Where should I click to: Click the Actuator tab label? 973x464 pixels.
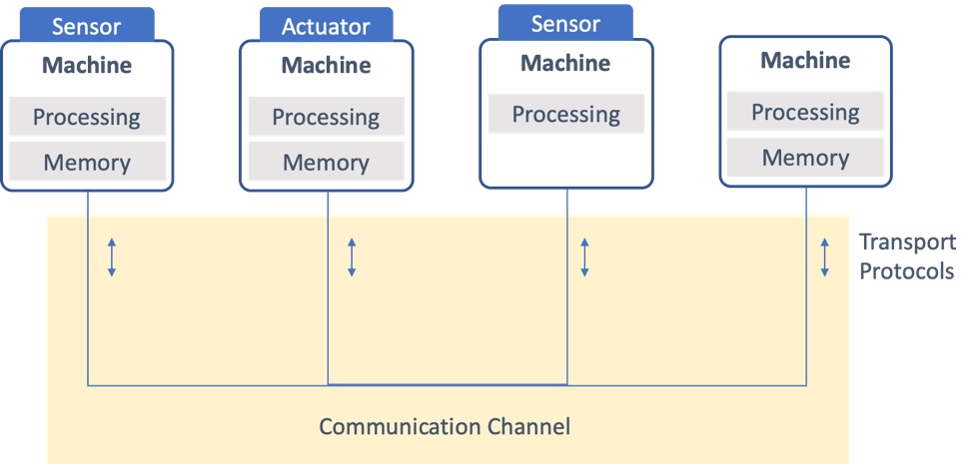point(327,25)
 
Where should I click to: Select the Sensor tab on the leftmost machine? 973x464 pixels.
point(86,25)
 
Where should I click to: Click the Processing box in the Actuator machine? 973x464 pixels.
point(327,116)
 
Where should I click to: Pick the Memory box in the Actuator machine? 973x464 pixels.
point(327,162)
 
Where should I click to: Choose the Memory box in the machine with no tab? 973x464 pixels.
point(805,158)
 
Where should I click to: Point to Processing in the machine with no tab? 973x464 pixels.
point(805,112)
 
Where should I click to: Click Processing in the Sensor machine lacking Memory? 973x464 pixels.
point(566,114)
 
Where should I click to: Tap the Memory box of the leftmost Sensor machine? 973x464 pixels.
point(87,162)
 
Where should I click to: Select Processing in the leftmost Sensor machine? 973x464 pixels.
point(87,116)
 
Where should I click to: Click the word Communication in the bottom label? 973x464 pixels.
point(399,426)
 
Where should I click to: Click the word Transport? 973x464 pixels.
point(907,242)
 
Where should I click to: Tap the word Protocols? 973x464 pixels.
point(907,271)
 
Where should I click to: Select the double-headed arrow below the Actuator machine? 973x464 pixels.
point(352,257)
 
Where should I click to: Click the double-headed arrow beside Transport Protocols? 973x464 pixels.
point(825,257)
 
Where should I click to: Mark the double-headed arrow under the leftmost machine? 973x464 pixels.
point(112,257)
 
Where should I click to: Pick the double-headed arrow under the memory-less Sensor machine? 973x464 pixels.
point(584,257)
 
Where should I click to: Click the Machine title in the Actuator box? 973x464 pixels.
point(327,65)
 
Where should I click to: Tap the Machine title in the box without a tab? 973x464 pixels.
point(805,60)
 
